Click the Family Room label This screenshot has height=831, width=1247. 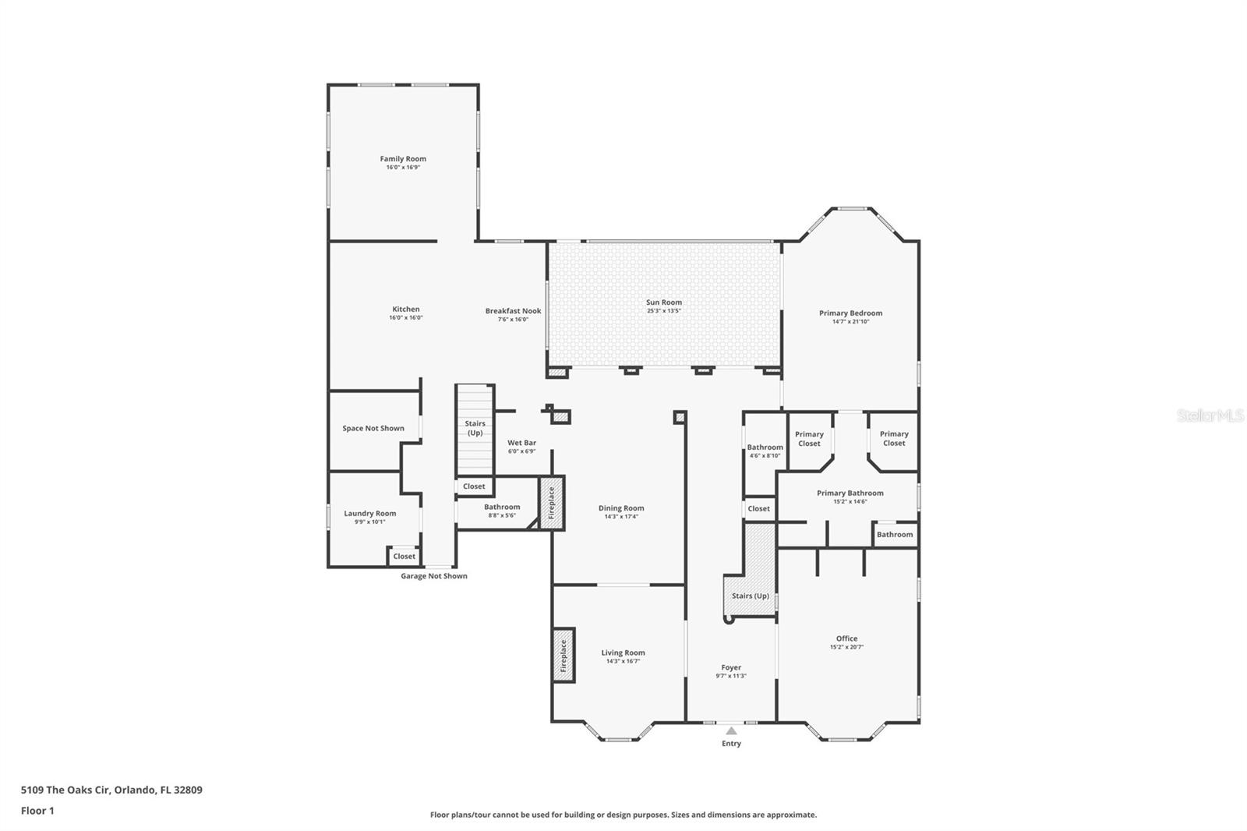coord(403,159)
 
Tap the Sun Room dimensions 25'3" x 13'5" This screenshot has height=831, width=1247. coord(663,311)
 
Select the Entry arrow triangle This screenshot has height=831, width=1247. coord(731,731)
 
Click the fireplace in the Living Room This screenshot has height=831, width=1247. coord(563,656)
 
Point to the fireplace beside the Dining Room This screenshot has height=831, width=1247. coord(552,504)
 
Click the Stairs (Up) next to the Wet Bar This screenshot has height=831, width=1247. coord(475,428)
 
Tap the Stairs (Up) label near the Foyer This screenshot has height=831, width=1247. coord(750,596)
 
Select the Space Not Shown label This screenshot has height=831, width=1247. coord(373,429)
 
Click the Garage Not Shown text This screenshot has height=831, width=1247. coord(434,576)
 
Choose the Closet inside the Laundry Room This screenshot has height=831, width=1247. coord(404,557)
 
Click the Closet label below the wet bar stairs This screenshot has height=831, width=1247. coord(474,486)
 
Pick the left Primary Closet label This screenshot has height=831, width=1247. coord(809,439)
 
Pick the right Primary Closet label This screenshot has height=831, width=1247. coord(894,439)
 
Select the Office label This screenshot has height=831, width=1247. coord(846,638)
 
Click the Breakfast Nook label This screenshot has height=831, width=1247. coord(513,311)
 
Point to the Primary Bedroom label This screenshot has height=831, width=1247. coord(850,313)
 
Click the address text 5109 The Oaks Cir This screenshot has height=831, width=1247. coord(111,790)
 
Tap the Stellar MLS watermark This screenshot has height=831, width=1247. coord(1210,416)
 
